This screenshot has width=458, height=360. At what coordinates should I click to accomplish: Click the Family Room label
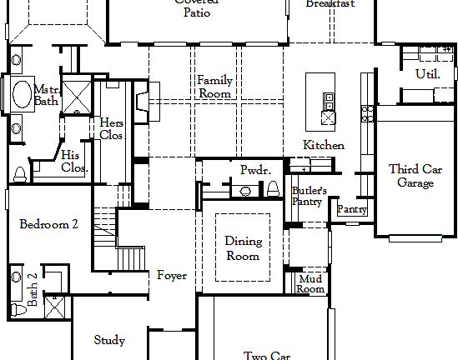(214, 87)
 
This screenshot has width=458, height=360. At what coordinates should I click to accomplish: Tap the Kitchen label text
(323, 146)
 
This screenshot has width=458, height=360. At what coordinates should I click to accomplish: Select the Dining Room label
(243, 248)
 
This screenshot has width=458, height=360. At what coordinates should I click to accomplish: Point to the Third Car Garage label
(415, 176)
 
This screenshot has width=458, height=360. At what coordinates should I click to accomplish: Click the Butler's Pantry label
(309, 196)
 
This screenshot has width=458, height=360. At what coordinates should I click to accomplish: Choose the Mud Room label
(310, 284)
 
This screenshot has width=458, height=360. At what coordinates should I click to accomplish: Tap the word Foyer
(172, 276)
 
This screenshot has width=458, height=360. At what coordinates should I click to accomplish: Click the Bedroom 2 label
(48, 224)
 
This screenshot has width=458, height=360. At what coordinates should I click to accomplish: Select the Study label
(109, 340)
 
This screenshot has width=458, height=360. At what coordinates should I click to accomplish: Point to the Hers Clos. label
(112, 128)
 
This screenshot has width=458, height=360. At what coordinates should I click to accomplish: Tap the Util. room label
(427, 75)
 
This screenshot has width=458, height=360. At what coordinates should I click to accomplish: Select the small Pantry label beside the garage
(351, 210)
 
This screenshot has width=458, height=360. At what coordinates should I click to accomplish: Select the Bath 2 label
(32, 290)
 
